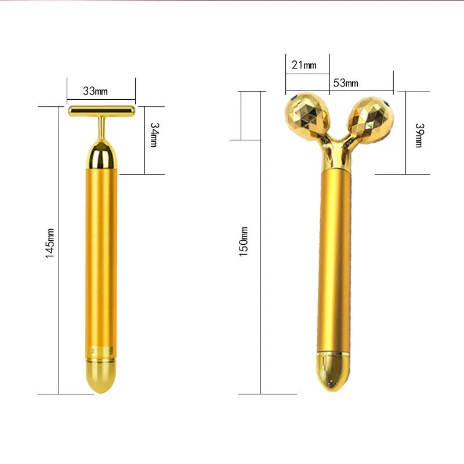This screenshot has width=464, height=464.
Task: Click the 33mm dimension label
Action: click(x=96, y=90)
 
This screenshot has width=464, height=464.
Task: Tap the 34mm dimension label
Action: click(x=154, y=135)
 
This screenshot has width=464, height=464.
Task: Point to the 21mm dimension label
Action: click(x=304, y=65)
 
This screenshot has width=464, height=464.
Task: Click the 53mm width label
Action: click(x=345, y=83)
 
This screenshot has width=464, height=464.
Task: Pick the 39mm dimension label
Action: click(x=419, y=135)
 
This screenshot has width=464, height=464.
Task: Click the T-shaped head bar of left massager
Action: click(x=101, y=110)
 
